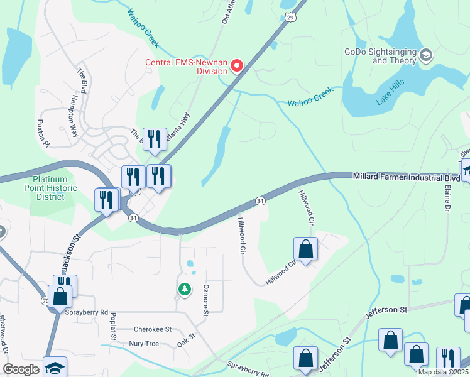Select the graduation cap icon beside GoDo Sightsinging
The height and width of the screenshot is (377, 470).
[426, 56]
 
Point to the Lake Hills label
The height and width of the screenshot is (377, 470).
[390, 91]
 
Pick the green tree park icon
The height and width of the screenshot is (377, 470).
[184, 289]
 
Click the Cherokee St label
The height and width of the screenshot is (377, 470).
[153, 329]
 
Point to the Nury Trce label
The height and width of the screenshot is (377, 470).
[144, 344]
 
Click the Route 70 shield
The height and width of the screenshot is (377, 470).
[46, 302]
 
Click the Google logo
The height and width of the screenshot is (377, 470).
[21, 369]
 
